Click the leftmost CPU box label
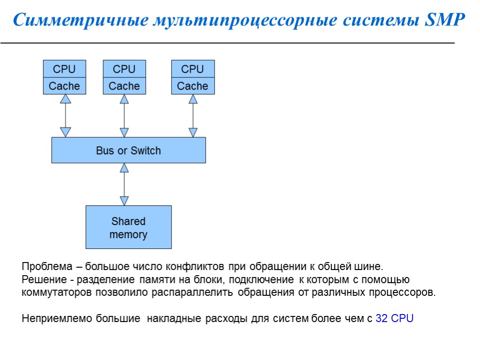64,69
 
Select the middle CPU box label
124,69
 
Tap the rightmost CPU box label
193,69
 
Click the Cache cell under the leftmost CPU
64,86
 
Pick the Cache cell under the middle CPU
124,86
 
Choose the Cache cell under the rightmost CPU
193,86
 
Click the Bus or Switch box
128,150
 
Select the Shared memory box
128,227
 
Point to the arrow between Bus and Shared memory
124,184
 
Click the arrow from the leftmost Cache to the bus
66,115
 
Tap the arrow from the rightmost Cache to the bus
193,115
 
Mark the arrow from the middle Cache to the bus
124,115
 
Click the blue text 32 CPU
395,319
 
